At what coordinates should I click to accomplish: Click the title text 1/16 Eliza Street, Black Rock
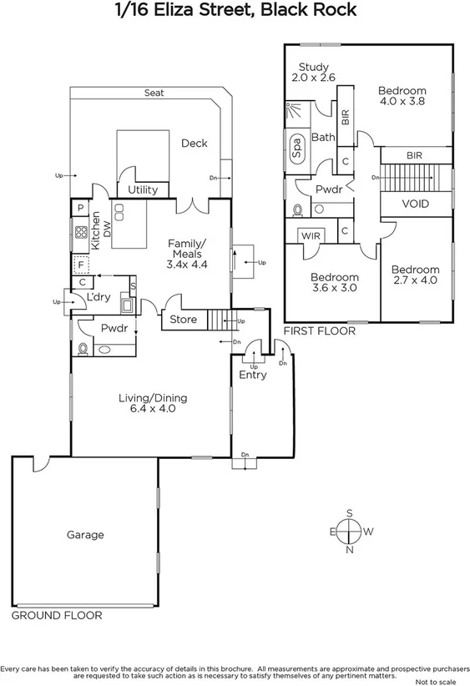235,11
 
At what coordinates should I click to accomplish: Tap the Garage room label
85,535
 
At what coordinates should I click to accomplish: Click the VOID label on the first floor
416,204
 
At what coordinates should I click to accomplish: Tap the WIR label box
311,237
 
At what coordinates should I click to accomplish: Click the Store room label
183,320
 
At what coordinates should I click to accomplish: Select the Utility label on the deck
143,190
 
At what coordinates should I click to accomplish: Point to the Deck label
195,144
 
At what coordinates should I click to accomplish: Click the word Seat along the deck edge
154,93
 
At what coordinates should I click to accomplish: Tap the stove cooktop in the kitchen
82,233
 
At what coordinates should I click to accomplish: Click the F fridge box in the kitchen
81,265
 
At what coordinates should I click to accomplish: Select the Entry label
253,375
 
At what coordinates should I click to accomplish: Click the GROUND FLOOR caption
57,616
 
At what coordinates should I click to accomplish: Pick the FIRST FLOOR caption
320,331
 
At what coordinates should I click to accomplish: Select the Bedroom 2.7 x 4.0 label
415,275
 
